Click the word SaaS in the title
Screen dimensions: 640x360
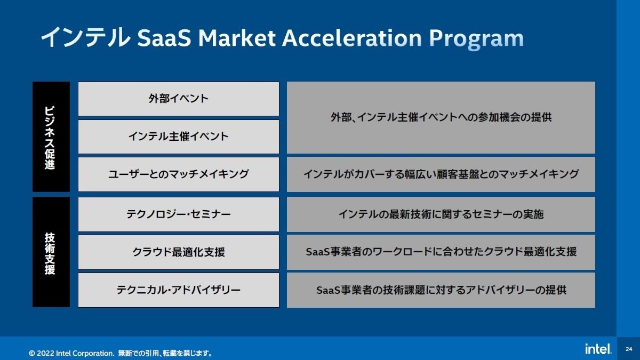[x=164, y=38]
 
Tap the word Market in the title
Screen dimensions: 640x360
[x=237, y=38]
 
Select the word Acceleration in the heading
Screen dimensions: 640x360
[x=352, y=38]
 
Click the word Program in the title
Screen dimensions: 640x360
[x=476, y=39]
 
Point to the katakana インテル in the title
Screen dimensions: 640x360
[x=85, y=37]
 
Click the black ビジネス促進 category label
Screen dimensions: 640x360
[x=51, y=137]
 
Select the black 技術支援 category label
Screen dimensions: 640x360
[x=51, y=252]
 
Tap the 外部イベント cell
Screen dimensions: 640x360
[x=179, y=99]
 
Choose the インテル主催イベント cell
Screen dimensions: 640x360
[x=179, y=137]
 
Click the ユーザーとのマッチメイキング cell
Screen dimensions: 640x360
[x=179, y=174]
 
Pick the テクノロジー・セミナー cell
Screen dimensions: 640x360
[x=179, y=214]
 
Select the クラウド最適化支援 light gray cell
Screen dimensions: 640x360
[x=179, y=252]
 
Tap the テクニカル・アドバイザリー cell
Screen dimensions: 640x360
[x=179, y=290]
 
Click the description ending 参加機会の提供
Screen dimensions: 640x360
[x=441, y=117]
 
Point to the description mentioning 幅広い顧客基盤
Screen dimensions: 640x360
[x=441, y=174]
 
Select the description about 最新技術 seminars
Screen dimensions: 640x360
[x=441, y=214]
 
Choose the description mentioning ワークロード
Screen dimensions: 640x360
[x=441, y=252]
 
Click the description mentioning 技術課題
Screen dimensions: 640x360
[x=441, y=290]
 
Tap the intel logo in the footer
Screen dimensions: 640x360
[x=598, y=349]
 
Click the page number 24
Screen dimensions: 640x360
[x=629, y=349]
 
